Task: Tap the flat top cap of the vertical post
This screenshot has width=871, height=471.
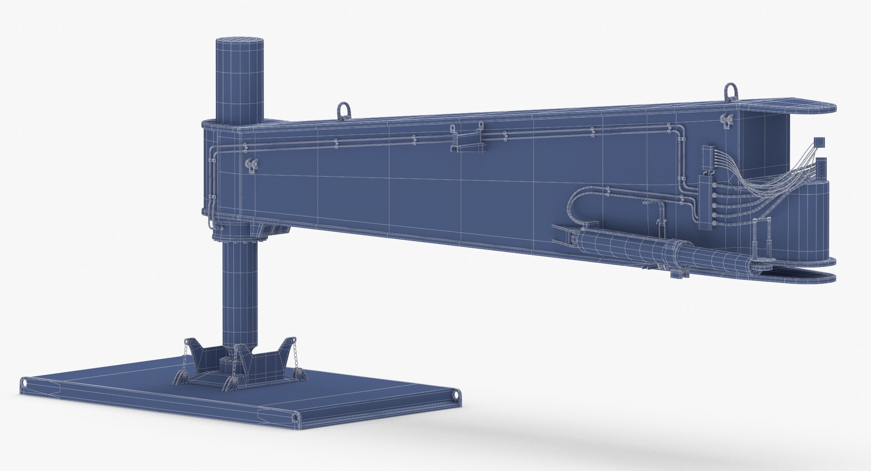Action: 239,42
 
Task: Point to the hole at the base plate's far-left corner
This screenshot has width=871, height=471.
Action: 24,383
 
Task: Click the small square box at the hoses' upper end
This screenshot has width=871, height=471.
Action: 818,142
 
